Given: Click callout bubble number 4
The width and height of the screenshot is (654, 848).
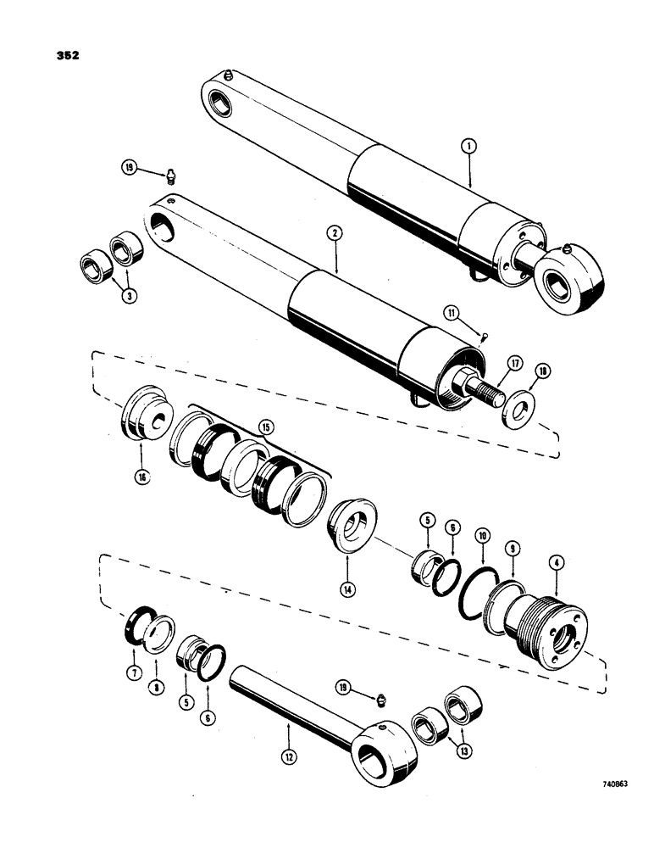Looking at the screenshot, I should [x=555, y=561].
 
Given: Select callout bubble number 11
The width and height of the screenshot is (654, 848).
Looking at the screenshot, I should [x=455, y=313].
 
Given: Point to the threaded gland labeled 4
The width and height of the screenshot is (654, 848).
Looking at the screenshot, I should [x=538, y=628].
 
